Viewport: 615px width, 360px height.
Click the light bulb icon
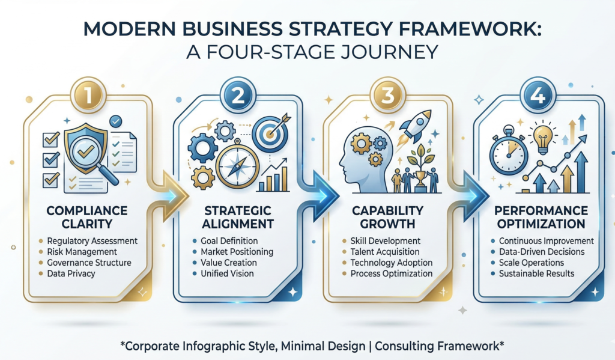click(544, 135)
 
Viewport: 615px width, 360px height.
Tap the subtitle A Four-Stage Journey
click(307, 52)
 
